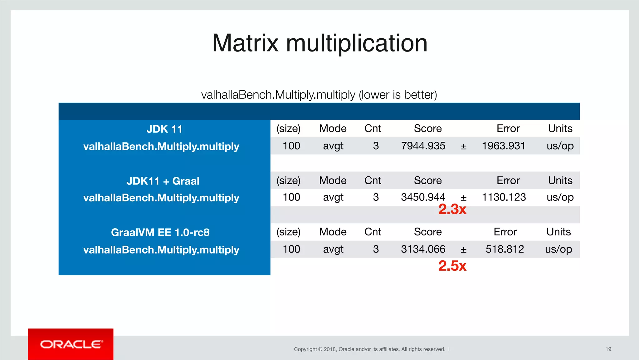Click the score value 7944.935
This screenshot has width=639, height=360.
coord(423,146)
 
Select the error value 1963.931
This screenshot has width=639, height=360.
coord(504,146)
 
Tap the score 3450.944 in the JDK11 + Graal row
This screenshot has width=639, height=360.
coord(423,197)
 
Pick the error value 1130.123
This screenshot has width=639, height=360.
coord(504,197)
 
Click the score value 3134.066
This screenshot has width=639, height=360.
coord(423,249)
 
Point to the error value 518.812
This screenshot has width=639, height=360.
coord(505,249)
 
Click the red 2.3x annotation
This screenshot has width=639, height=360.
coord(452,210)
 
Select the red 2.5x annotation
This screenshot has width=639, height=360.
coord(452,266)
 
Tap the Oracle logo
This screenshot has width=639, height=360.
coord(71,344)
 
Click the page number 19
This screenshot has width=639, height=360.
coord(608,349)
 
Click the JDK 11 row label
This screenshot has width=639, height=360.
coord(164,129)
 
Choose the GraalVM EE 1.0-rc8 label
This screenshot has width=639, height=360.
coord(160,233)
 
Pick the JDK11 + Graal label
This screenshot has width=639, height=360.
coord(163,181)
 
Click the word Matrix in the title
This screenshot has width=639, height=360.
coord(245,43)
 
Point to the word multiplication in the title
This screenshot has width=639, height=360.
coord(357,44)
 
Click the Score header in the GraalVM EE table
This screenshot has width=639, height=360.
coord(427,232)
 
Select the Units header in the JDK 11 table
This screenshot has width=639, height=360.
coord(560,129)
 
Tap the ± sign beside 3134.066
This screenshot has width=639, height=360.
coord(463,250)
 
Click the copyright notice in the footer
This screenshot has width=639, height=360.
coord(369,349)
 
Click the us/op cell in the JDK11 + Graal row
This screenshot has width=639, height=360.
coord(560,197)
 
